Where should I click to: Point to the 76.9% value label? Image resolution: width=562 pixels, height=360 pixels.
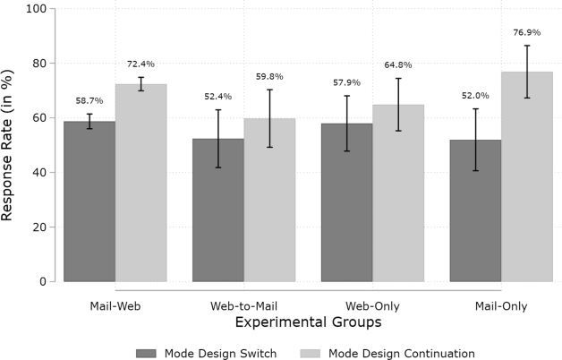527,33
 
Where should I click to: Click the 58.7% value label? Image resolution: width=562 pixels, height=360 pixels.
89,101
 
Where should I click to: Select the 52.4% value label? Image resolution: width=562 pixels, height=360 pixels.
217,97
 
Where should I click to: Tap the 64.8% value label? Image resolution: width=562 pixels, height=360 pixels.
398,64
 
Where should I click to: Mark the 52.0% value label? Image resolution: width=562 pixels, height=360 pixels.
475,96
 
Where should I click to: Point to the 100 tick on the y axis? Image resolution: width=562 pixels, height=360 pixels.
38,9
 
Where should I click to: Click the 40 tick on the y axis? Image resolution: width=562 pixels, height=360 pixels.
41,173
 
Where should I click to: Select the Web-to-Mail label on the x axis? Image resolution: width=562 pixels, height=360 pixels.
243,305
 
